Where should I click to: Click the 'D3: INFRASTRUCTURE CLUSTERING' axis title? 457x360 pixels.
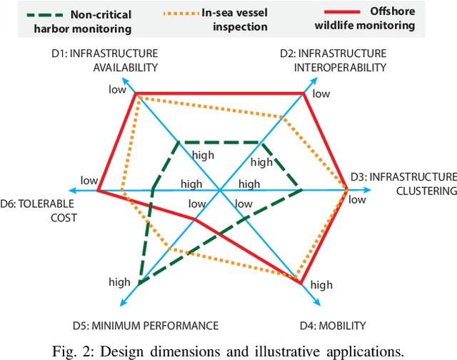point(403,184)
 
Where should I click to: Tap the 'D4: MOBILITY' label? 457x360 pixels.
point(332,326)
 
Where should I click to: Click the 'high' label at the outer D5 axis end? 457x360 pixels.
point(119,281)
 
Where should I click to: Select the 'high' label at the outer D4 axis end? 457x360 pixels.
point(321,284)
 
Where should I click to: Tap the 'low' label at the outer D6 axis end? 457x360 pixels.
point(89,180)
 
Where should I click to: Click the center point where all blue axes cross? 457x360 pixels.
point(221,191)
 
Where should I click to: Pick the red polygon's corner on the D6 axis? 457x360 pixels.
point(98,191)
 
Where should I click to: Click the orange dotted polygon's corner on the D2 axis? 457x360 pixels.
point(284,119)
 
